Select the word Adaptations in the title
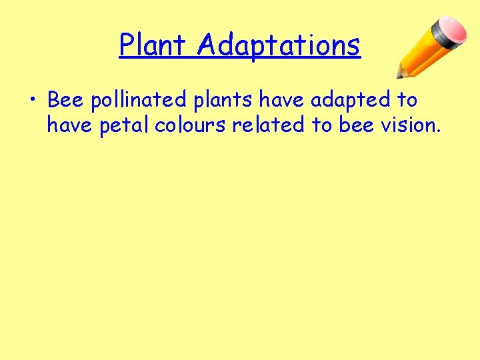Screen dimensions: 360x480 pos(279,46)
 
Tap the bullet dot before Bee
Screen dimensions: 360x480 pos(33,101)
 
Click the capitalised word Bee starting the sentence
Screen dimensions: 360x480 pos(65,100)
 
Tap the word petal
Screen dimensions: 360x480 pos(124,125)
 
